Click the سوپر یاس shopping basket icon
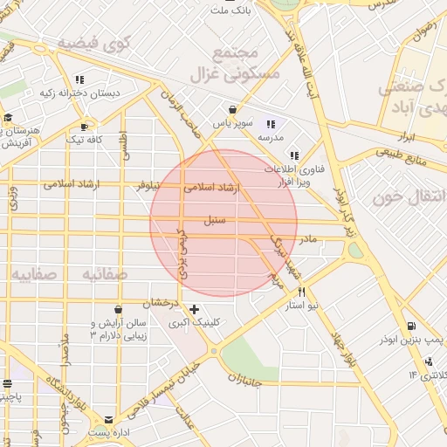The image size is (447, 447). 232,110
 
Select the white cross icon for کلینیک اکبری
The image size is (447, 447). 194,309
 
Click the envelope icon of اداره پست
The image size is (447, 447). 108,420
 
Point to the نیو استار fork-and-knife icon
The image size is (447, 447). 302,292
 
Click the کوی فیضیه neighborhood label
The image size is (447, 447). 93,42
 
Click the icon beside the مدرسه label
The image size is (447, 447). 271,124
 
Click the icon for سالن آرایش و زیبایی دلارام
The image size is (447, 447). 118,309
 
